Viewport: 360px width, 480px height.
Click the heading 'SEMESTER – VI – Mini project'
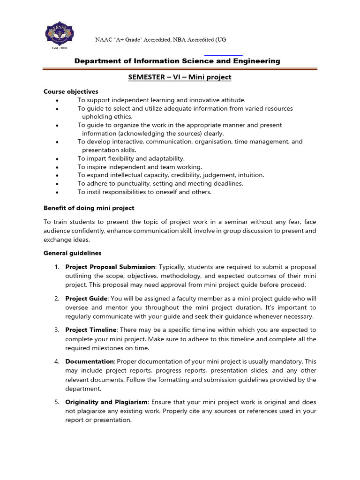coord(180,77)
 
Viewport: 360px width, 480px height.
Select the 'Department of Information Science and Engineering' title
coord(178,61)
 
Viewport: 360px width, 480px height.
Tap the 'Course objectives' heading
coord(71,91)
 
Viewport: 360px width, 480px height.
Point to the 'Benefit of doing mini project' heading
coord(89,208)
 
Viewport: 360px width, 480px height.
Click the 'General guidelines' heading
coord(72,253)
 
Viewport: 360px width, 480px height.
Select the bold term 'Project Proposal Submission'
coord(111,267)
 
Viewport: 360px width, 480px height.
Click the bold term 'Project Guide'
coord(86,299)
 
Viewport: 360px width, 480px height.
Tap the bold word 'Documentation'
coord(90,361)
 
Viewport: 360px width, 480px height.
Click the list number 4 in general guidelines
coord(56,361)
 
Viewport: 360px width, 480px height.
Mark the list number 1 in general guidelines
coord(56,267)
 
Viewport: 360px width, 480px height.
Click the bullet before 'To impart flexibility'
coord(57,158)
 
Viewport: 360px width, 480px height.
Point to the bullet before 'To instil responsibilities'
coord(57,192)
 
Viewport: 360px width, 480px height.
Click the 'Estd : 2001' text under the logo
coord(59,47)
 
